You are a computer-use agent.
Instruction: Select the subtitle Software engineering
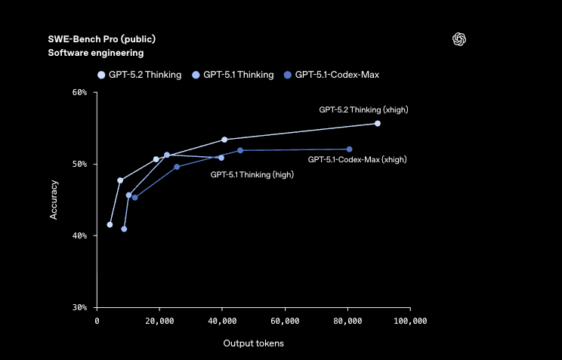pyautogui.click(x=95, y=53)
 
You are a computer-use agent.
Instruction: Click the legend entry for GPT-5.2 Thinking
pyautogui.click(x=140, y=75)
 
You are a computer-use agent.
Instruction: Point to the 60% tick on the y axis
pyautogui.click(x=79, y=92)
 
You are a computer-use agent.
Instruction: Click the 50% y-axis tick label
pyautogui.click(x=79, y=164)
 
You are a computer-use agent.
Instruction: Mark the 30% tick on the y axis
pyautogui.click(x=79, y=307)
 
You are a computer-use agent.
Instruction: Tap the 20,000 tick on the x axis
pyautogui.click(x=159, y=321)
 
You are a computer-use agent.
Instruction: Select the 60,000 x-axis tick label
pyautogui.click(x=285, y=321)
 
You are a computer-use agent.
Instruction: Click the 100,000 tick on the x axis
pyautogui.click(x=410, y=321)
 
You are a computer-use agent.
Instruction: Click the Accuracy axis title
pyautogui.click(x=54, y=199)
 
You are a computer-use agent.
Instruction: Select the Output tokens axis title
pyautogui.click(x=253, y=343)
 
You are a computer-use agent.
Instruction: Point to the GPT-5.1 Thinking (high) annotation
pyautogui.click(x=252, y=174)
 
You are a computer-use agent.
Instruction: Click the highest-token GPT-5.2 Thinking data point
pyautogui.click(x=378, y=123)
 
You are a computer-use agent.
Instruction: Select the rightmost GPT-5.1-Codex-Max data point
pyautogui.click(x=349, y=149)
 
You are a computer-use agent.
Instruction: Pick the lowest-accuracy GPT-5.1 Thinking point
pyautogui.click(x=124, y=229)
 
